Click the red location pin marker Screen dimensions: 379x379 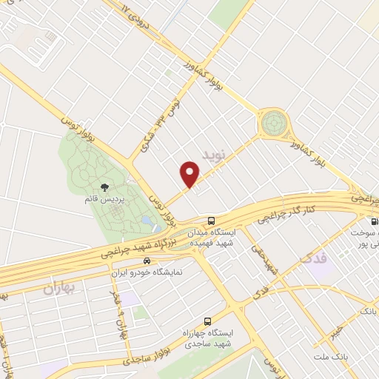pyautogui.click(x=190, y=175)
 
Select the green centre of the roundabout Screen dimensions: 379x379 pyautogui.click(x=274, y=121)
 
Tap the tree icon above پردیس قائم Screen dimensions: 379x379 pyautogui.click(x=104, y=187)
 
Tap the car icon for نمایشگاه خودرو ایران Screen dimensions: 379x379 pyautogui.click(x=147, y=261)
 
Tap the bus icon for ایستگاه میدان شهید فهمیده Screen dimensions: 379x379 pyautogui.click(x=212, y=221)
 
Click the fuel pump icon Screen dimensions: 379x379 pyautogui.click(x=373, y=221)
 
